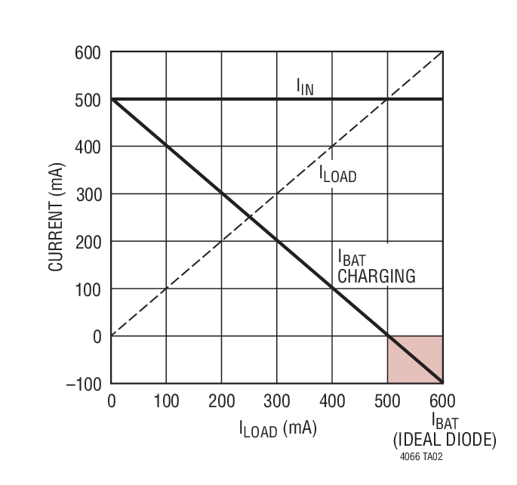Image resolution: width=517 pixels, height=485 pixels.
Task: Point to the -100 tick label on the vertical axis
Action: tap(82, 384)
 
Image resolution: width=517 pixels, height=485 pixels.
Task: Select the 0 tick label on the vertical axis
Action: tap(97, 336)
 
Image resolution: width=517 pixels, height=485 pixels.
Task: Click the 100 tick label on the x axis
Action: tap(166, 400)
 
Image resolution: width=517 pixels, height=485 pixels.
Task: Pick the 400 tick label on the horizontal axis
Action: tap(332, 400)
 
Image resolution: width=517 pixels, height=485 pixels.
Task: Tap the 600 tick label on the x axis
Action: tap(442, 400)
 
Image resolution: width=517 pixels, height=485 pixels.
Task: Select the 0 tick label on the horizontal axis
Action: tap(112, 400)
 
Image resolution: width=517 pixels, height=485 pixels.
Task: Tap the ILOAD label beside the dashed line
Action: tap(337, 176)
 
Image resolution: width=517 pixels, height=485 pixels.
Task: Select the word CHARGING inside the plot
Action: tap(376, 276)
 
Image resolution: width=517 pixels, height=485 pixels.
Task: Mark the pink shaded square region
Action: tap(415, 360)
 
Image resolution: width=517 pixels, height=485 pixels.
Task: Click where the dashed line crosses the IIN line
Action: tap(387, 99)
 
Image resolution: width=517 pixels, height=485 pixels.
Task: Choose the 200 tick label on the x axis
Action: tap(221, 400)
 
